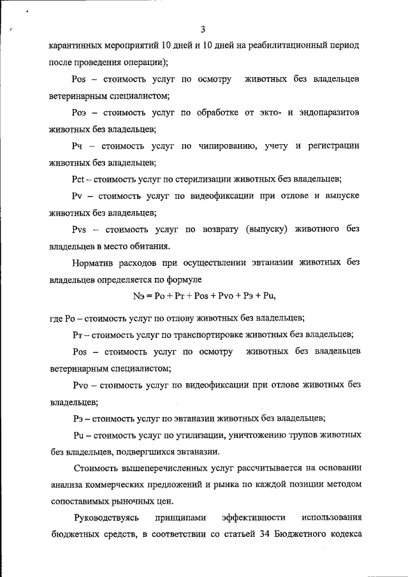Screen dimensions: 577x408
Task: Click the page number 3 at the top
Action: (x=202, y=29)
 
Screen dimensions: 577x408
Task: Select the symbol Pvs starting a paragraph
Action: (x=83, y=229)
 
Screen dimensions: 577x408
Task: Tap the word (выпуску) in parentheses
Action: (x=268, y=229)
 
